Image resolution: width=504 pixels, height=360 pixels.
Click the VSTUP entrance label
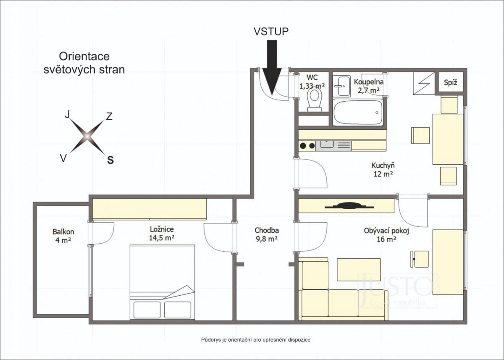pos(271,32)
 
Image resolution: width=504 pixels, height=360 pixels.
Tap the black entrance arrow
pos(272,68)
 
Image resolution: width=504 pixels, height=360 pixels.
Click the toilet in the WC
pos(315,100)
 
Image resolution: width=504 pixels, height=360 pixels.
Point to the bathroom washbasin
pos(341,86)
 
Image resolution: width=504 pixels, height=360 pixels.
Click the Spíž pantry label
pos(450,83)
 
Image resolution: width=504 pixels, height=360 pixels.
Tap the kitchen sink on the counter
pos(327,144)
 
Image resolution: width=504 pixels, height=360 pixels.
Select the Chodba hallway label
pos(267,230)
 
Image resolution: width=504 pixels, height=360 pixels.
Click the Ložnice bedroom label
pos(162,229)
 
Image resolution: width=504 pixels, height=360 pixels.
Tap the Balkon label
pos(63,231)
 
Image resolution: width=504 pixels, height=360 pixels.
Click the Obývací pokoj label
pos(386,231)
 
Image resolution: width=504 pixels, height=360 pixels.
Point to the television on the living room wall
pos(349,206)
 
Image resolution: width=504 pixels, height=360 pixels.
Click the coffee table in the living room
pos(359,270)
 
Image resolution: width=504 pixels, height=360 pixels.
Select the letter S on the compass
pos(110,160)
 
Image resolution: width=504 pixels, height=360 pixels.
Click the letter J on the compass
pos(67,114)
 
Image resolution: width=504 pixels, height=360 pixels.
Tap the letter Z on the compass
pos(109,116)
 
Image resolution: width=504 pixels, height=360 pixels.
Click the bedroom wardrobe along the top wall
pos(150,209)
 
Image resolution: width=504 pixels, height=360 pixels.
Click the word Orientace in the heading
pos(84,56)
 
